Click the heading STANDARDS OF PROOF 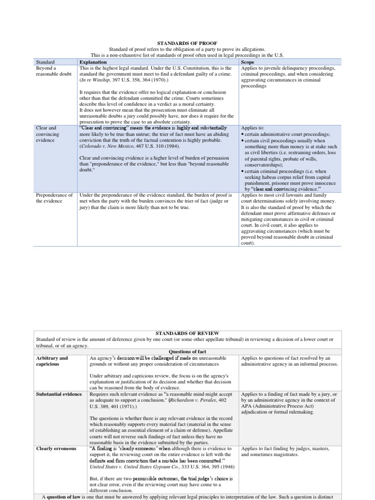(x=187, y=42)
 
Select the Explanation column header (x=94, y=62)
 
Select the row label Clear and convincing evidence (x=48, y=134)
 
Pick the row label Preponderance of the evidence (x=54, y=198)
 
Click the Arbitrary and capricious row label (x=52, y=361)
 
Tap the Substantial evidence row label (x=59, y=394)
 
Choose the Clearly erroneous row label (x=56, y=448)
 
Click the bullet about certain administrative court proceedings (x=285, y=134)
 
